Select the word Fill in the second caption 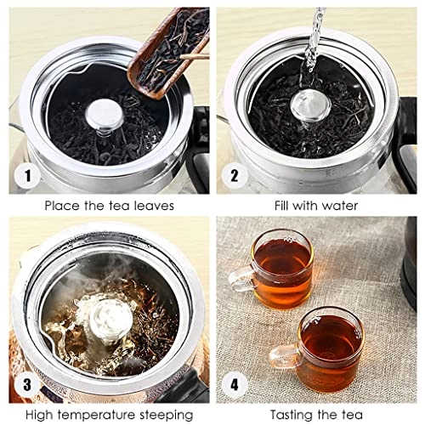tap(286, 206)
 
